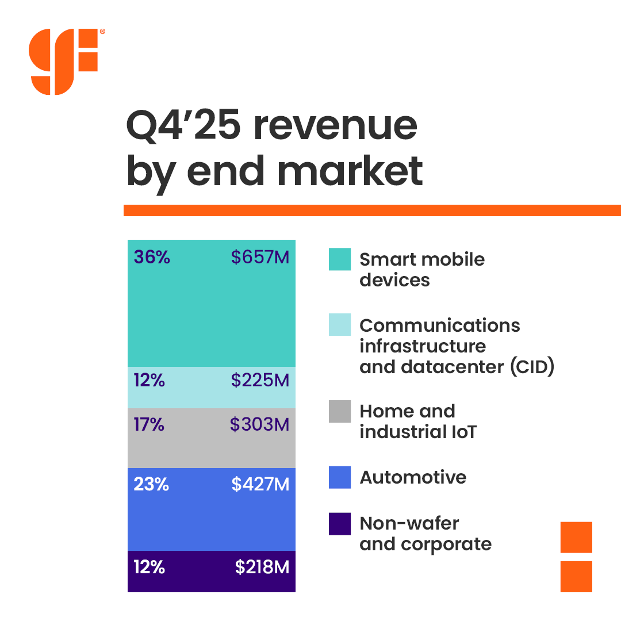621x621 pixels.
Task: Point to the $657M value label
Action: click(260, 257)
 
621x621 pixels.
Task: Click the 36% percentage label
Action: click(152, 257)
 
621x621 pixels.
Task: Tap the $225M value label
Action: click(260, 380)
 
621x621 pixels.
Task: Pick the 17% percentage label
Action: click(149, 425)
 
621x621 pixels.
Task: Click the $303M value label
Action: click(259, 425)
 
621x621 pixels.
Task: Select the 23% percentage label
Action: click(151, 485)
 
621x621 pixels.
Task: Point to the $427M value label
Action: click(260, 485)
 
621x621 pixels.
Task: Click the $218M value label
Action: click(262, 568)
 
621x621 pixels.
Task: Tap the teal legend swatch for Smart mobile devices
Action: click(340, 259)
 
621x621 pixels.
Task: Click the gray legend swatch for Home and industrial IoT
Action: click(340, 412)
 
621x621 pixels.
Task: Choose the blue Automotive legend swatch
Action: click(340, 478)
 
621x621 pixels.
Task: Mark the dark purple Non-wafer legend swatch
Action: click(340, 524)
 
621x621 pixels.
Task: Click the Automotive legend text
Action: click(413, 478)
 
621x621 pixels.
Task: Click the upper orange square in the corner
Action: click(576, 537)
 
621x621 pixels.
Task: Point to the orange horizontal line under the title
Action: click(372, 210)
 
